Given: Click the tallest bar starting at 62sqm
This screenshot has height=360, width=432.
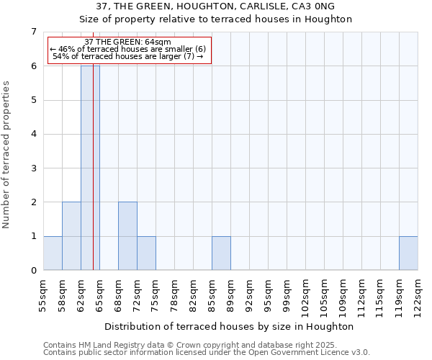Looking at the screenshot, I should point(90,168).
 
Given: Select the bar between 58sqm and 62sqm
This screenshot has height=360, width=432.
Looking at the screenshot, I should point(71,236).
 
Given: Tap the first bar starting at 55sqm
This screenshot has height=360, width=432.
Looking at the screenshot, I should point(53,253).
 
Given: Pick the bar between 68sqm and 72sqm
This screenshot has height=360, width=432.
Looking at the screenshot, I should point(127,236).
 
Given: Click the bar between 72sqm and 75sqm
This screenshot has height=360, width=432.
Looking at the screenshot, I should point(146,253).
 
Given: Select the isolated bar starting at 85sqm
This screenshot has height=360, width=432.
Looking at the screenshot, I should point(221,253).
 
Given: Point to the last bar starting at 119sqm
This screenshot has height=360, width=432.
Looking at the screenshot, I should point(408,253).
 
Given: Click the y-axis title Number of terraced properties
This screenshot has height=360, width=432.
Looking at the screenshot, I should point(7,155).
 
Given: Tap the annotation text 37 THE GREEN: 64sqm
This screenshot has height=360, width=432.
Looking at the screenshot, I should point(127,42).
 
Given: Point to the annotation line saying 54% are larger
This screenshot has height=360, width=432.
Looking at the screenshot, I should point(127,57).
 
